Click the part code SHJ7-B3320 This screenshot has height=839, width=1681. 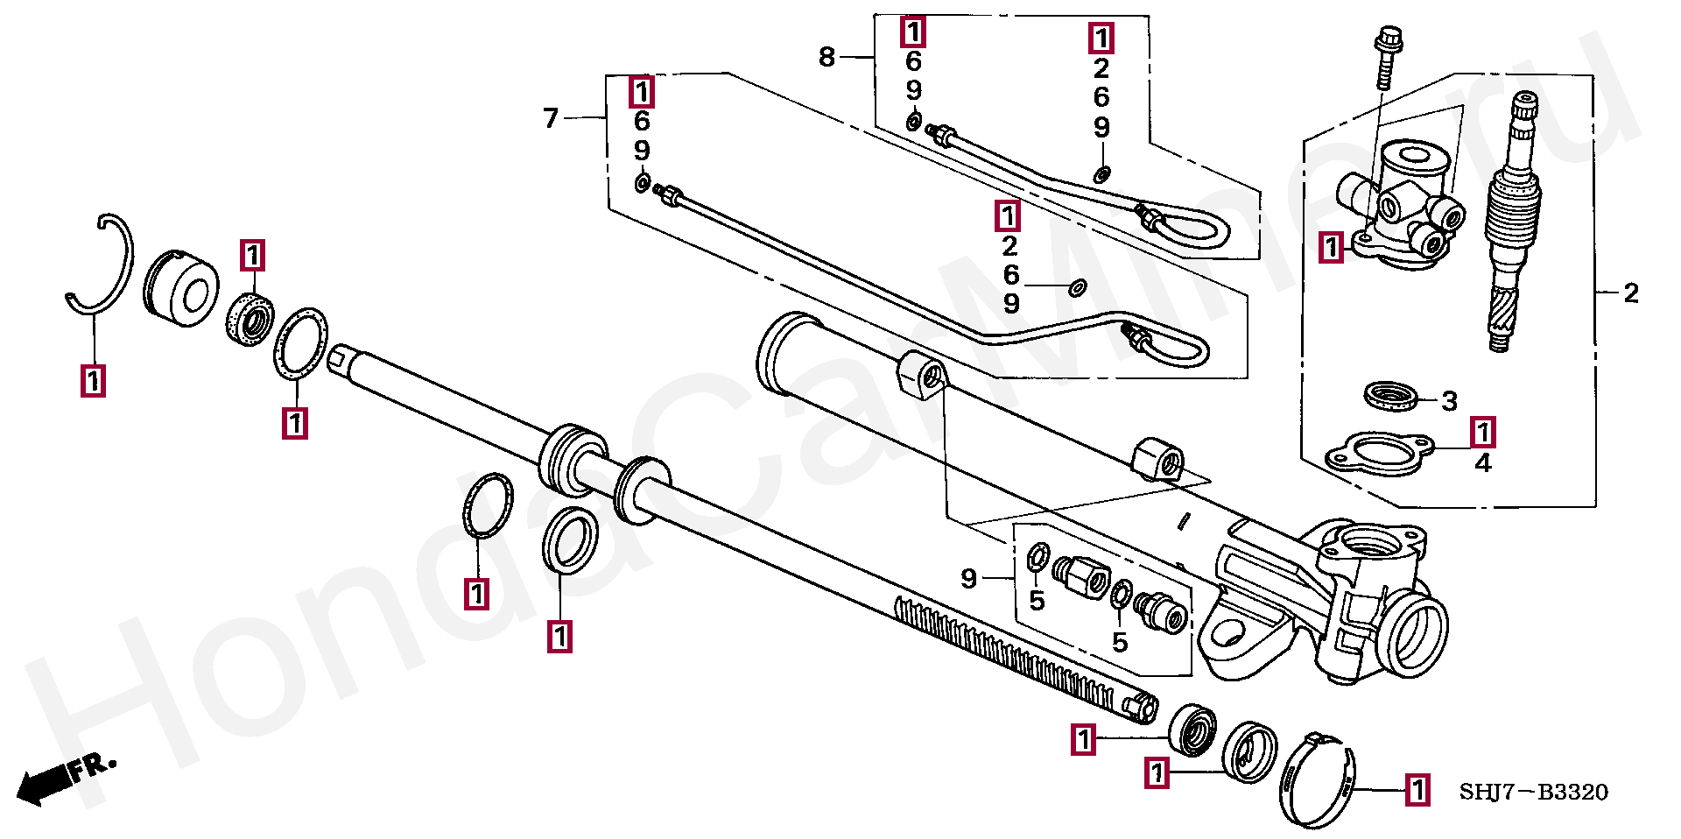click(x=1533, y=793)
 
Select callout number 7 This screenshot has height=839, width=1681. click(x=551, y=117)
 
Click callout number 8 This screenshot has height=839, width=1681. click(x=826, y=57)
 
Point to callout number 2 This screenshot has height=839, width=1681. click(x=1630, y=293)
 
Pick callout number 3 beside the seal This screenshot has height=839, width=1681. click(x=1449, y=401)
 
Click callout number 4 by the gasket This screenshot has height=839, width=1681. click(x=1482, y=462)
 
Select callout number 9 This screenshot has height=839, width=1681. click(x=968, y=578)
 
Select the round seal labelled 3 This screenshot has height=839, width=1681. click(x=1392, y=396)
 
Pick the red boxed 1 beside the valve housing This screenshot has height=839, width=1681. click(x=1332, y=247)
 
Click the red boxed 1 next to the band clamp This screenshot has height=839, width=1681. click(x=1417, y=790)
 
